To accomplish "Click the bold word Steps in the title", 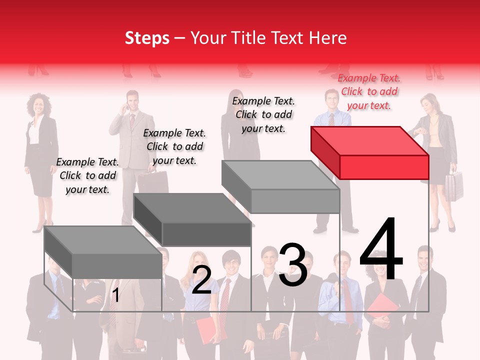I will [x=147, y=38].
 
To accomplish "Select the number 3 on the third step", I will [x=292, y=265].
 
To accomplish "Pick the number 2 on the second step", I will [x=201, y=280].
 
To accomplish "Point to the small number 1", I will [x=115, y=295].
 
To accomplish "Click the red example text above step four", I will [x=369, y=91].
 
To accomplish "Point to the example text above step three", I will [x=263, y=114].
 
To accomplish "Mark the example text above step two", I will [x=174, y=146].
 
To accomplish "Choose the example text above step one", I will [x=87, y=175].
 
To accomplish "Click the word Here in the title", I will [x=327, y=38].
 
